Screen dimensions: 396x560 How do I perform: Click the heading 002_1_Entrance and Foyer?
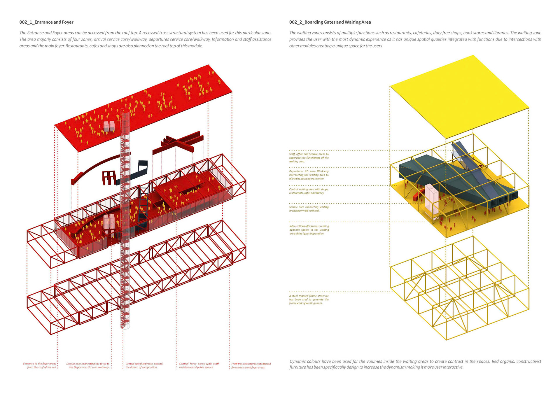46,22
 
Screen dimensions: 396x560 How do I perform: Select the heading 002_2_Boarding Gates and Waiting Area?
330,22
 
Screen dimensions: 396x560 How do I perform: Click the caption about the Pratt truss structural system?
251,365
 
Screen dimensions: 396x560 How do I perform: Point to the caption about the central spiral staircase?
144,365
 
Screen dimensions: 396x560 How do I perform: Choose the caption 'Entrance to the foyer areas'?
40,365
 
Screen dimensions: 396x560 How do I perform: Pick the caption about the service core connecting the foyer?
88,365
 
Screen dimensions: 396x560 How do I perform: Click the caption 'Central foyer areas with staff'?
199,365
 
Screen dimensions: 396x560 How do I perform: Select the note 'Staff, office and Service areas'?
309,158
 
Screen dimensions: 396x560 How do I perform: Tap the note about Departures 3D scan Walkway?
309,175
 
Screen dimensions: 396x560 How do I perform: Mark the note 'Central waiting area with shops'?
309,191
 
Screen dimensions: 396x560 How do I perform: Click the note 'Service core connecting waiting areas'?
309,209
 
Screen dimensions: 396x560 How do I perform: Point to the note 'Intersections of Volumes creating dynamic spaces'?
309,230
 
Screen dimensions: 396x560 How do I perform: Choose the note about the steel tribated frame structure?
309,299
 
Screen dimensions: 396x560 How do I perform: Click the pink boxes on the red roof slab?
109,126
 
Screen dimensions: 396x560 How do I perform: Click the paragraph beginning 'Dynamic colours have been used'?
415,364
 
